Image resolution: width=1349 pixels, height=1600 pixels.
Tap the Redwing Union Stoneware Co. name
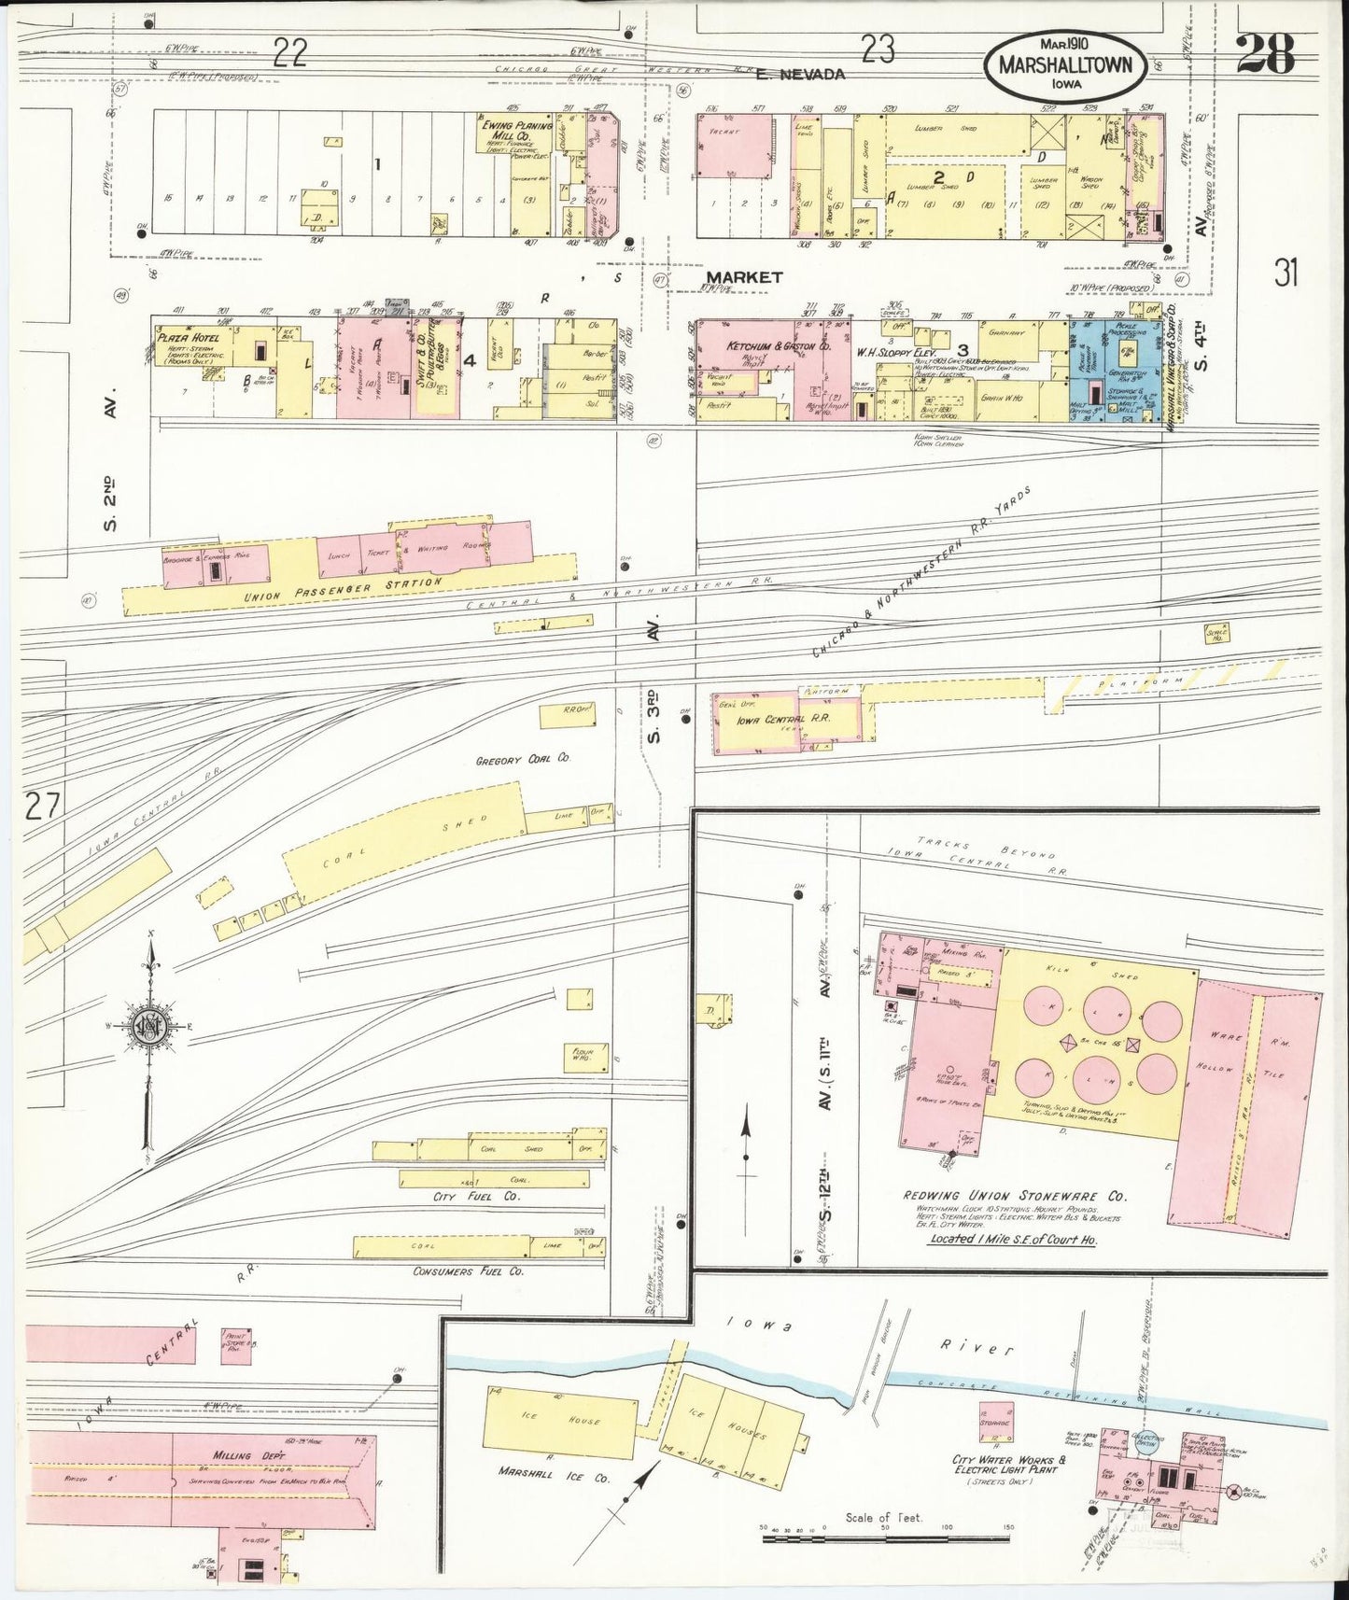pos(1014,1196)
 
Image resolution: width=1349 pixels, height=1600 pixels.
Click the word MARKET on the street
pos(743,277)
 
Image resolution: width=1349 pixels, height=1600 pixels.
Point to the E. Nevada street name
pos(801,74)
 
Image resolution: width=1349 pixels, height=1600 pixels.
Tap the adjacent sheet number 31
pos(1286,273)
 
